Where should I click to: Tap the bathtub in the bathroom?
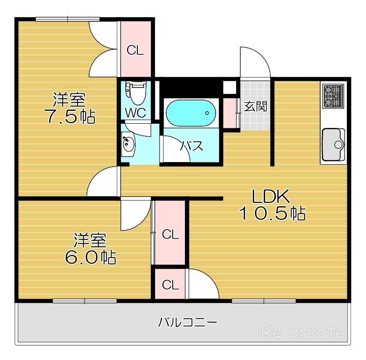190,113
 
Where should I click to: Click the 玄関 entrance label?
255,107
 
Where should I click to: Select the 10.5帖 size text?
272,213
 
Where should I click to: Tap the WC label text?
136,113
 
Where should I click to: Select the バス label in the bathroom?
192,146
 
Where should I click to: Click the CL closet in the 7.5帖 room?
135,50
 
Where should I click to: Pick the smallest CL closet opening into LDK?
170,285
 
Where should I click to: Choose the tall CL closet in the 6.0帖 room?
170,234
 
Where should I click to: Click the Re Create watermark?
303,332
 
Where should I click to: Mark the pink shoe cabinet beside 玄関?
229,112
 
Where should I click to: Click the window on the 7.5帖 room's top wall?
67,19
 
